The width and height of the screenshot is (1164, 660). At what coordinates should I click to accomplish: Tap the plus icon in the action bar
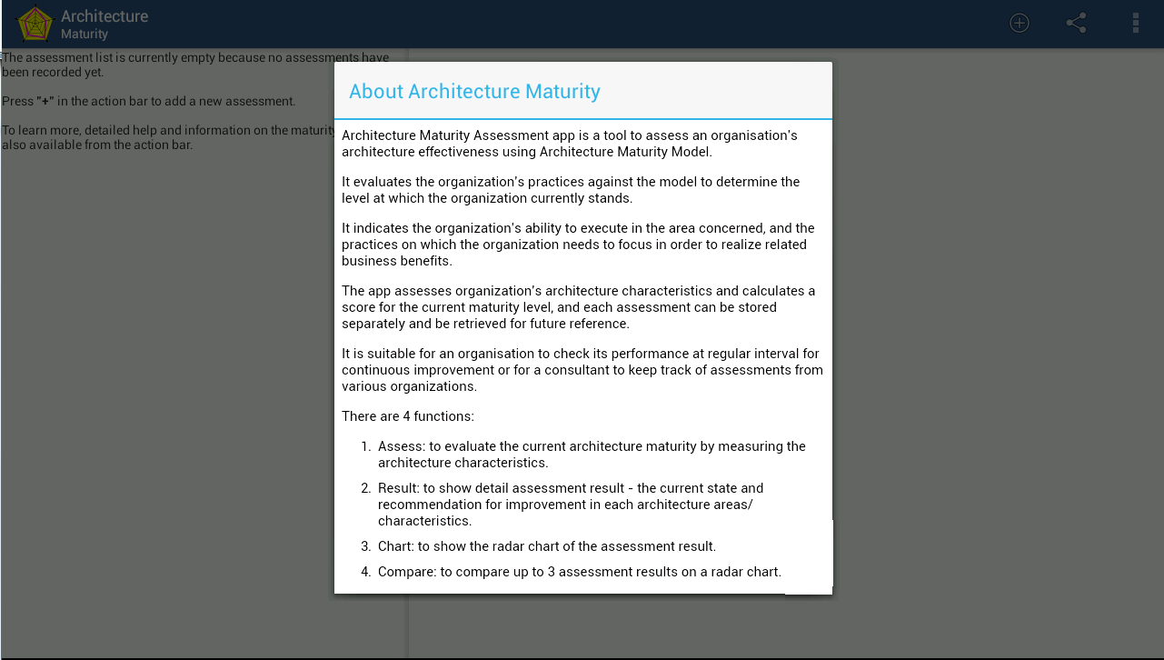(1020, 24)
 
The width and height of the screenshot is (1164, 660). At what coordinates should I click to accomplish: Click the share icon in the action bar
(1077, 24)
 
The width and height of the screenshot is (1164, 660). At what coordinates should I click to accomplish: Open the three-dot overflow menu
(1135, 24)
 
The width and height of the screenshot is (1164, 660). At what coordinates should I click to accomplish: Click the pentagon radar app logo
(35, 24)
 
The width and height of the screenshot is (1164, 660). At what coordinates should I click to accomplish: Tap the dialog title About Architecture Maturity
(474, 92)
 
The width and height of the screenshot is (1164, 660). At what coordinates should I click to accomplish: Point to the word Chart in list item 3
(395, 546)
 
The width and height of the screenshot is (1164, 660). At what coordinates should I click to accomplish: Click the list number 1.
(365, 446)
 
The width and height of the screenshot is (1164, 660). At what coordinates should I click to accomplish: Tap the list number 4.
(365, 572)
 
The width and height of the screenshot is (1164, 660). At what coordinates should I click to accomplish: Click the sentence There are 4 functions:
(408, 416)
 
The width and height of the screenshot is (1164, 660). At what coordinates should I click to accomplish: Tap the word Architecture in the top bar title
(104, 16)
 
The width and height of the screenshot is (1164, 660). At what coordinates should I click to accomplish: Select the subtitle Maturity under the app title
(85, 35)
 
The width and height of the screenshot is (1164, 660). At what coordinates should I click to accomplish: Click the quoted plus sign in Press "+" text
(45, 102)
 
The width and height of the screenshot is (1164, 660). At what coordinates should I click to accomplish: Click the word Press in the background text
(17, 102)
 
